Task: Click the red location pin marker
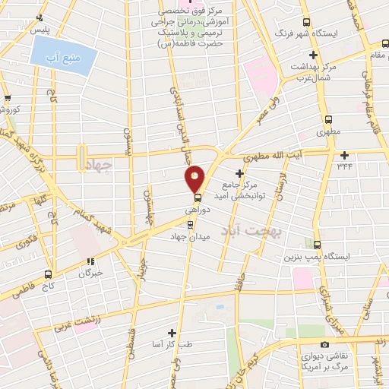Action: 195,179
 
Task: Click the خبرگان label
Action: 89,271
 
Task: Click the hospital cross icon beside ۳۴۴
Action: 344,155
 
